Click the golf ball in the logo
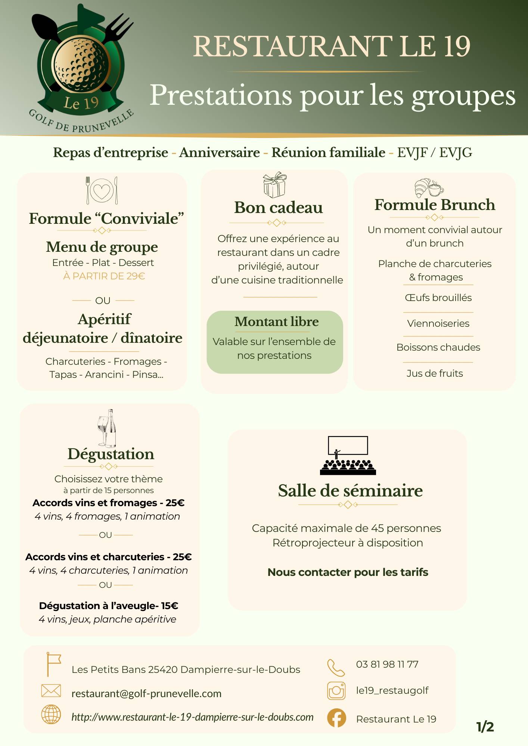82,65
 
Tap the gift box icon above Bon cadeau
274,185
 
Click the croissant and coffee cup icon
429,187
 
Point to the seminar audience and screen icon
348,455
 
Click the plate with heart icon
102,190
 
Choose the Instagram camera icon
336,691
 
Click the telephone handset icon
336,668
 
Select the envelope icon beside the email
51,691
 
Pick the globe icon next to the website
51,715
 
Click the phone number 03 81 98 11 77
387,664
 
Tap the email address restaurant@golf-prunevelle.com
146,693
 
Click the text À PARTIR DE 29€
104,276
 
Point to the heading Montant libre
276,322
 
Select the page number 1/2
485,727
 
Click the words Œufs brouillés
438,298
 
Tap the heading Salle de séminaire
350,490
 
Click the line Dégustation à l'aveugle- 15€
108,606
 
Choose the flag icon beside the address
53,664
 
